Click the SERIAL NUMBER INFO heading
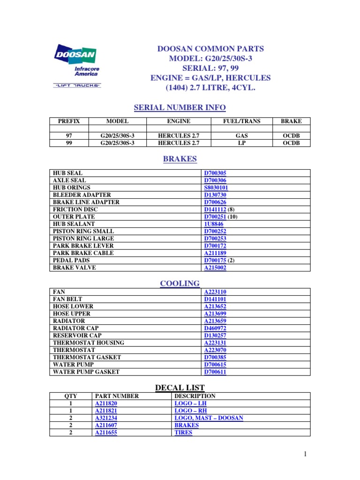180,108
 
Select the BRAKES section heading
180,159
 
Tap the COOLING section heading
180,283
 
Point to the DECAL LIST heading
180,388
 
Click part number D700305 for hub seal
215,173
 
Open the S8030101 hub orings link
215,188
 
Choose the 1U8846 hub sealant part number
213,224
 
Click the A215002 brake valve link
215,268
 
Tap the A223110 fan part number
215,292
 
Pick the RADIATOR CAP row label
75,328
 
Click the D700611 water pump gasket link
215,372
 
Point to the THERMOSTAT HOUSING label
89,343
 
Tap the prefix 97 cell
69,136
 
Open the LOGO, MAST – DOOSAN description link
209,418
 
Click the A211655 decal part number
106,433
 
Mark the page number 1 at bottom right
304,454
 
